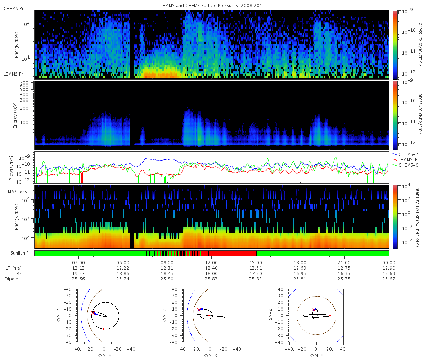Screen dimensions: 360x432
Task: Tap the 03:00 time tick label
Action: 78,262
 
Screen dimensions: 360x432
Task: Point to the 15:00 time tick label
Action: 256,262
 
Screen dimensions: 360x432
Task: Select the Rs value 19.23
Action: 78,273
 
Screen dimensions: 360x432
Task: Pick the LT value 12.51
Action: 256,268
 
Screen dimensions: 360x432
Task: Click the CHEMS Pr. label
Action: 14,9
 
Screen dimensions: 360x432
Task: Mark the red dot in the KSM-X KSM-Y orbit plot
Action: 103,329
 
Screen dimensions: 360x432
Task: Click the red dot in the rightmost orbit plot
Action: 330,316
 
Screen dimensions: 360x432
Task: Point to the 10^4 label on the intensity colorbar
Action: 405,186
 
